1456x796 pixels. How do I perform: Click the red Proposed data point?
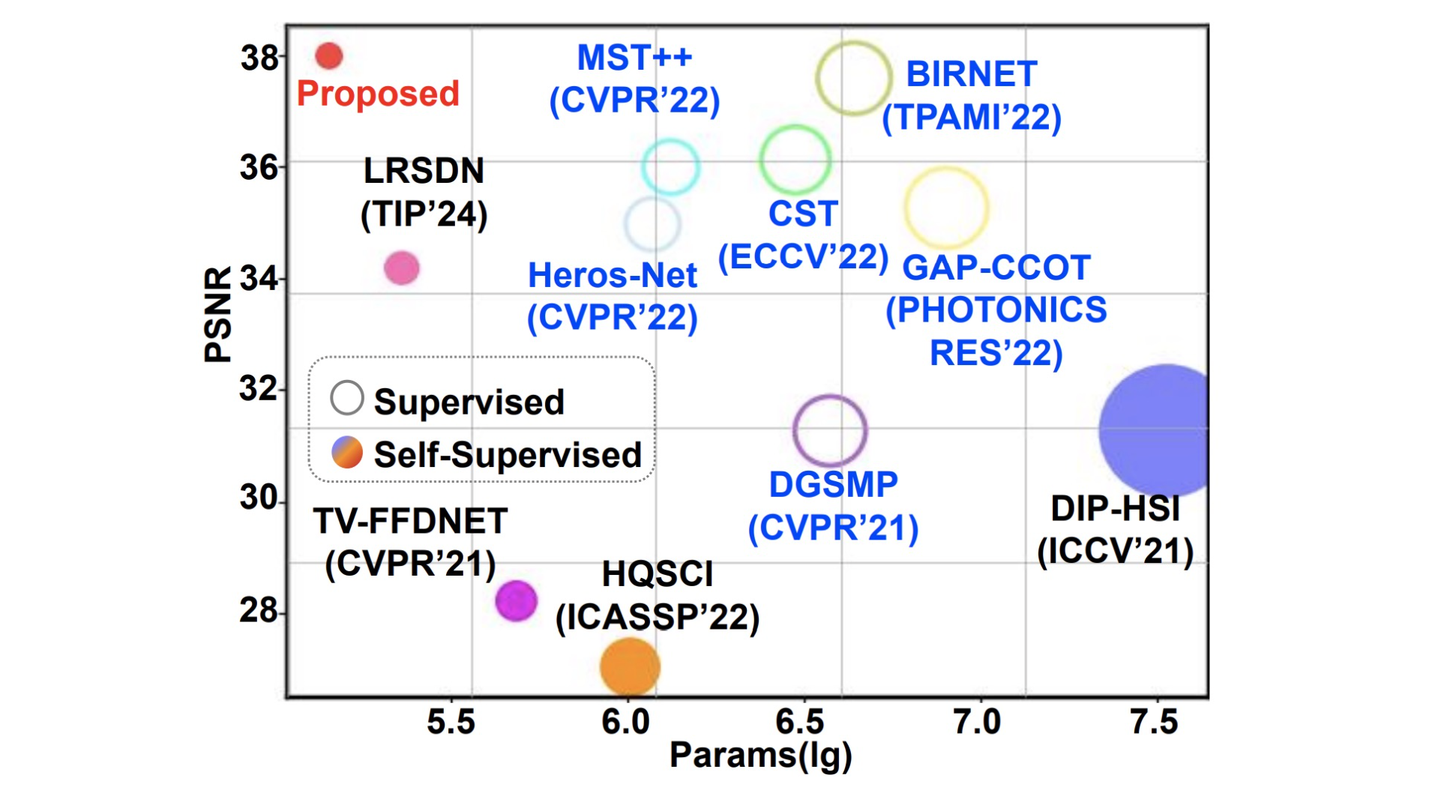pyautogui.click(x=329, y=55)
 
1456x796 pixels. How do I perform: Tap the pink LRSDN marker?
pyautogui.click(x=401, y=268)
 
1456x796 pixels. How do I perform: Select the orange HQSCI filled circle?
pyautogui.click(x=630, y=666)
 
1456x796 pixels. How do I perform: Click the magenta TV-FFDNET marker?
pyautogui.click(x=516, y=600)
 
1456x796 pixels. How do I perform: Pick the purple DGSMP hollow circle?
pyautogui.click(x=830, y=431)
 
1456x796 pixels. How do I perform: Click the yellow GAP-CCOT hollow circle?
pyautogui.click(x=946, y=208)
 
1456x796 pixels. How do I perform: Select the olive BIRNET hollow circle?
pyautogui.click(x=854, y=78)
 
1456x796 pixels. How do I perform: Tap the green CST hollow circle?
pyautogui.click(x=795, y=160)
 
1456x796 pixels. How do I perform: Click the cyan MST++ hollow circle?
pyautogui.click(x=670, y=166)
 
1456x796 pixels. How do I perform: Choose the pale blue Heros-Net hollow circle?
pyautogui.click(x=652, y=223)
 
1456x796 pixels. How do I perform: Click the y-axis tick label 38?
pyautogui.click(x=259, y=58)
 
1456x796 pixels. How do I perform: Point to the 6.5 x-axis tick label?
pyautogui.click(x=799, y=722)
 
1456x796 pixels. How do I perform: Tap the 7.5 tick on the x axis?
pyautogui.click(x=1154, y=722)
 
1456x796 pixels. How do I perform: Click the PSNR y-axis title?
pyautogui.click(x=218, y=315)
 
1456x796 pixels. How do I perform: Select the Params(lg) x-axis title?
pyautogui.click(x=760, y=756)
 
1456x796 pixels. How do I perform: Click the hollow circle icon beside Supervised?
pyautogui.click(x=347, y=398)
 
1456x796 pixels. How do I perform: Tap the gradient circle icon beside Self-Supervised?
pyautogui.click(x=347, y=453)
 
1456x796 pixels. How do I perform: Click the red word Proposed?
pyautogui.click(x=378, y=94)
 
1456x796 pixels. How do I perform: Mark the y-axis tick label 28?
pyautogui.click(x=259, y=610)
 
